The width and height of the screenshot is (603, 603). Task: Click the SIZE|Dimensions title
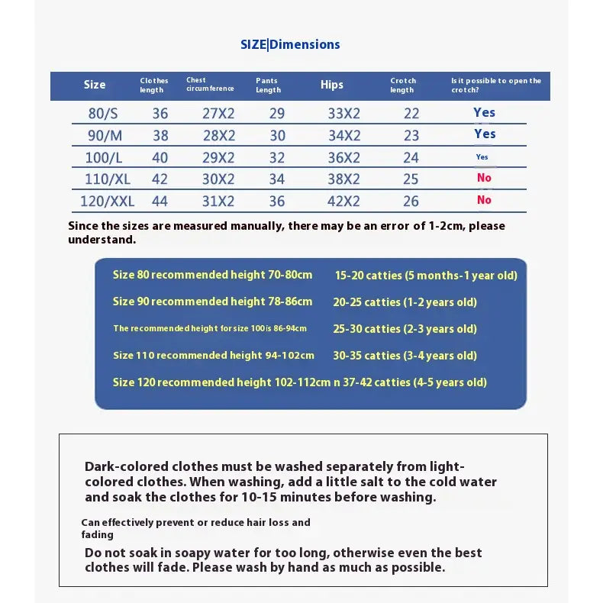[290, 44]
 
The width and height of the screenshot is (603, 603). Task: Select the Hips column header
[332, 85]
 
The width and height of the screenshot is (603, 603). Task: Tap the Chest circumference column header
[210, 84]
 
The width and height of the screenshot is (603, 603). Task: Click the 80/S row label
[103, 114]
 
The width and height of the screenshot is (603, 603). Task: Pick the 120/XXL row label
[107, 202]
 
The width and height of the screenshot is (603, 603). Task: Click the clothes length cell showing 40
[160, 158]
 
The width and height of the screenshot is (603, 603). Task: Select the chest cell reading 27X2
[218, 114]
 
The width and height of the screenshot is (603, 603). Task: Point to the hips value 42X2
[343, 202]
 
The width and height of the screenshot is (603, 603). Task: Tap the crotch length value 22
[411, 114]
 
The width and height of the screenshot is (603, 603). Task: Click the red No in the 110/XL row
[484, 178]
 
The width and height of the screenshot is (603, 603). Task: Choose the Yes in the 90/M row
[485, 134]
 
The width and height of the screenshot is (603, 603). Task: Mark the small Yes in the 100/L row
[482, 157]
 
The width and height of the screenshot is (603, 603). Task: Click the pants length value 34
[277, 180]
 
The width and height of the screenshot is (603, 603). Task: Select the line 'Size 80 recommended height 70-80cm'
[212, 275]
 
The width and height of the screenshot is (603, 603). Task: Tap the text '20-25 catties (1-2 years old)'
[405, 302]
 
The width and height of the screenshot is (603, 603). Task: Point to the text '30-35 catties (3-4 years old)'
[405, 356]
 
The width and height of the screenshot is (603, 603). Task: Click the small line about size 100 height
[210, 329]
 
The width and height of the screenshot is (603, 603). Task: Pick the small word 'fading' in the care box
[97, 535]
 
